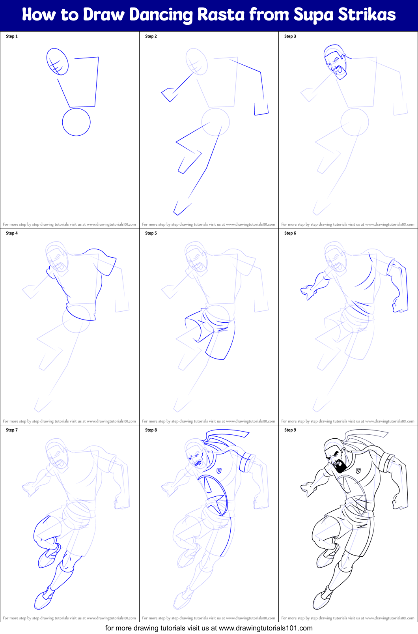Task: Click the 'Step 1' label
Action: coord(12,36)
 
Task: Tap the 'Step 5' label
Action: coord(151,233)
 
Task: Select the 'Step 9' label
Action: coord(290,430)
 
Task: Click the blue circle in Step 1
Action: coord(76,122)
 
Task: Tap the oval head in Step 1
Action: coord(58,62)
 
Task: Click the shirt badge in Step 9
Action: coord(358,471)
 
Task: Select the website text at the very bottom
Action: coord(209,628)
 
